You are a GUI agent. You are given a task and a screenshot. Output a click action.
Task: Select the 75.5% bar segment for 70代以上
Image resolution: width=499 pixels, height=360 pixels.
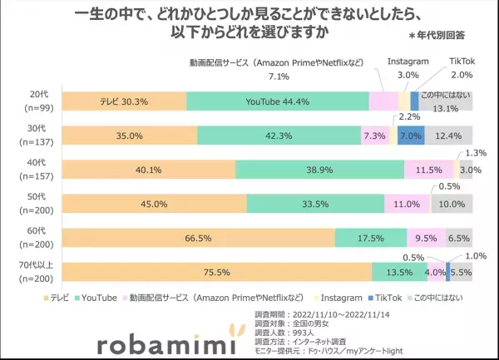pyautogui.click(x=217, y=271)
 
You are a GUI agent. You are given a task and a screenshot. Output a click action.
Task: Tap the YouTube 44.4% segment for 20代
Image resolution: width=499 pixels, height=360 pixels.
pyautogui.click(x=277, y=101)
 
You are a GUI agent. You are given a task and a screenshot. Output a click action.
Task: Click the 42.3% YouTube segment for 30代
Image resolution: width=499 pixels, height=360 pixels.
pyautogui.click(x=279, y=136)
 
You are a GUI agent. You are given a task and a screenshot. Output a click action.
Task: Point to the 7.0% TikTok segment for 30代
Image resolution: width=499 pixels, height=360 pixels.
pyautogui.click(x=411, y=136)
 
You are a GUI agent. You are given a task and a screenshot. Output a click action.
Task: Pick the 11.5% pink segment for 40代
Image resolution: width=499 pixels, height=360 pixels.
pyautogui.click(x=428, y=170)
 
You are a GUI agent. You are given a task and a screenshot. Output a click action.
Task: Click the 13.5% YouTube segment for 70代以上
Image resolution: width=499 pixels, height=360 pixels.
pyautogui.click(x=399, y=271)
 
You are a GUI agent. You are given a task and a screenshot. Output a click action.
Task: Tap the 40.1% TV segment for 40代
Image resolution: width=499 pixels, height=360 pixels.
pyautogui.click(x=149, y=170)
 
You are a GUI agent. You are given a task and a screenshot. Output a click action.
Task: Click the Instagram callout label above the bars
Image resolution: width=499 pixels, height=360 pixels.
pyautogui.click(x=408, y=62)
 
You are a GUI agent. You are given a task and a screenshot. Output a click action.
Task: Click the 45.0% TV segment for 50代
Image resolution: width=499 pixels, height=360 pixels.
pyautogui.click(x=155, y=204)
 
